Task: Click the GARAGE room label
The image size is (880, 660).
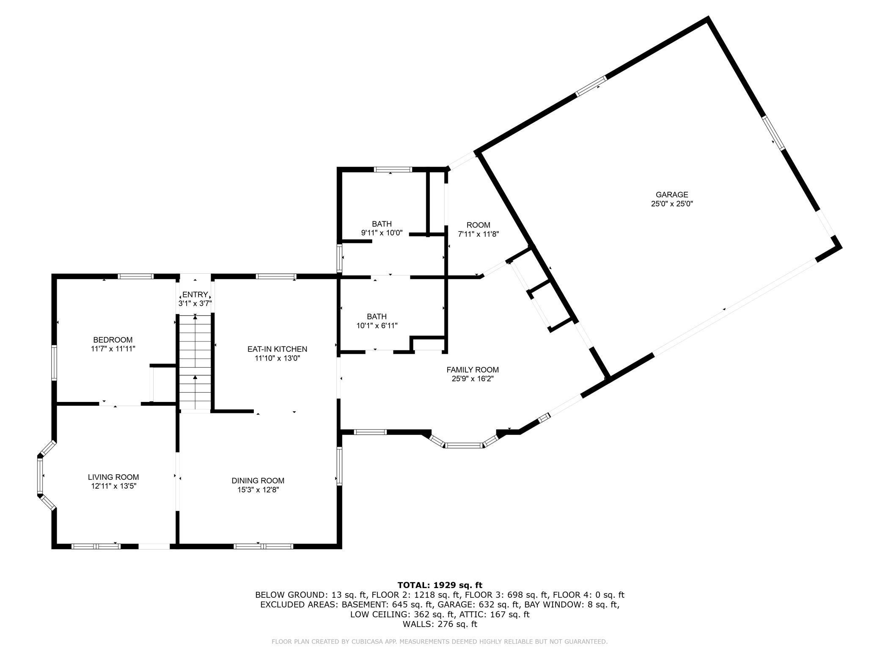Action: tap(672, 195)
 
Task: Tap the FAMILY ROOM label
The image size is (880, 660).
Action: tap(473, 370)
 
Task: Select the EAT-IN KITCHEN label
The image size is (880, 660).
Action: tap(277, 349)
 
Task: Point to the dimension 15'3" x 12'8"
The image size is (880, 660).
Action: tap(258, 489)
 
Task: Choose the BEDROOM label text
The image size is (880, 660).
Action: tap(113, 340)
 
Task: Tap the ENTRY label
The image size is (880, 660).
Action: tap(195, 294)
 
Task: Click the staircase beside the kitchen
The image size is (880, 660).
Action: tap(195, 362)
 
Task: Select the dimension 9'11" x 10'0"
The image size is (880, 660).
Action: tap(382, 233)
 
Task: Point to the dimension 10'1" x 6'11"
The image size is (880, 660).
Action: tap(377, 325)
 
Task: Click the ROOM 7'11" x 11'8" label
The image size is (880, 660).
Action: tap(478, 225)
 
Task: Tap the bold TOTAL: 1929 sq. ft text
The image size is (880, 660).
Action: tap(440, 585)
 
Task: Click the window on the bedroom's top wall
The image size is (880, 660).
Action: tap(135, 277)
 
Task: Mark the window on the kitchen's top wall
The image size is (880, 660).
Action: tap(276, 277)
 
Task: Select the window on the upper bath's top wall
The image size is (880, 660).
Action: tap(393, 170)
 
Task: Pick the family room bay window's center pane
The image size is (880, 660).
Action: tap(464, 445)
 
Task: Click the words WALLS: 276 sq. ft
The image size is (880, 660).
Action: tap(440, 624)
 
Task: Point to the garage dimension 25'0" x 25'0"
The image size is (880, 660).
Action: tap(672, 203)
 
